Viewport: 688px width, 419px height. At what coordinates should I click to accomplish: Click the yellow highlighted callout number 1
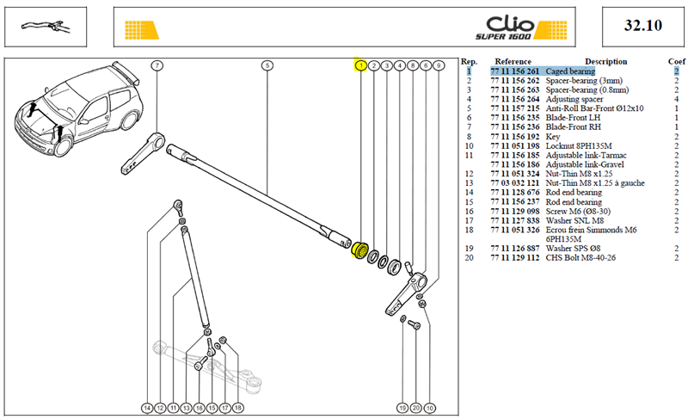click(x=360, y=65)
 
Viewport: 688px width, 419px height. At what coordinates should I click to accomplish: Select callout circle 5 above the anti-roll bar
click(x=267, y=65)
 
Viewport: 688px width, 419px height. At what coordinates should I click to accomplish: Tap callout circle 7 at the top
click(x=157, y=65)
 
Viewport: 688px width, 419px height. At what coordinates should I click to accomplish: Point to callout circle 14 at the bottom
click(x=147, y=408)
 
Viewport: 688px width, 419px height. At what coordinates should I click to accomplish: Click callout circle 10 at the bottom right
click(x=429, y=408)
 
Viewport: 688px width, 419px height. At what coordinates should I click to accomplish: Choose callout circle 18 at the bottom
click(x=238, y=408)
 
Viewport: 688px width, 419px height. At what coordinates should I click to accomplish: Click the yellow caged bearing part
click(x=359, y=250)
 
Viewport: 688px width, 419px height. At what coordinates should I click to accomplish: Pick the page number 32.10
click(x=642, y=26)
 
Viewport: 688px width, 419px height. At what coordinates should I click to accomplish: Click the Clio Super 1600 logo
click(x=511, y=28)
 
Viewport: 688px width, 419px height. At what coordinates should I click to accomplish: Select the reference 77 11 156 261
click(x=514, y=71)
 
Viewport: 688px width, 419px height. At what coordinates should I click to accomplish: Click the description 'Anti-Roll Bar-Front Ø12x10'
click(x=594, y=108)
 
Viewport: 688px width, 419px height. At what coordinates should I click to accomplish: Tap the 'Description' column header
click(x=606, y=61)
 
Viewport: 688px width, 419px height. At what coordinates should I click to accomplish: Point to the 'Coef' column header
click(x=677, y=61)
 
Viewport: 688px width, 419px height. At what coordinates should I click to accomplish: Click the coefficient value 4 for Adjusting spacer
click(x=677, y=99)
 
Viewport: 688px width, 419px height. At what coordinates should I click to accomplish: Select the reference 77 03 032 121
click(x=514, y=183)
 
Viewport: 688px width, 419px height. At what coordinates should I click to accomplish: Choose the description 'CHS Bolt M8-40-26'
click(x=580, y=257)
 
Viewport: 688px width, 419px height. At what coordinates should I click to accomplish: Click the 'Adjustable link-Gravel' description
click(x=585, y=164)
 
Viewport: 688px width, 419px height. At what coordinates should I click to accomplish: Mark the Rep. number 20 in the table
click(x=469, y=257)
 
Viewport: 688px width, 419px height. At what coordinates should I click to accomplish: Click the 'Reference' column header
click(x=513, y=61)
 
